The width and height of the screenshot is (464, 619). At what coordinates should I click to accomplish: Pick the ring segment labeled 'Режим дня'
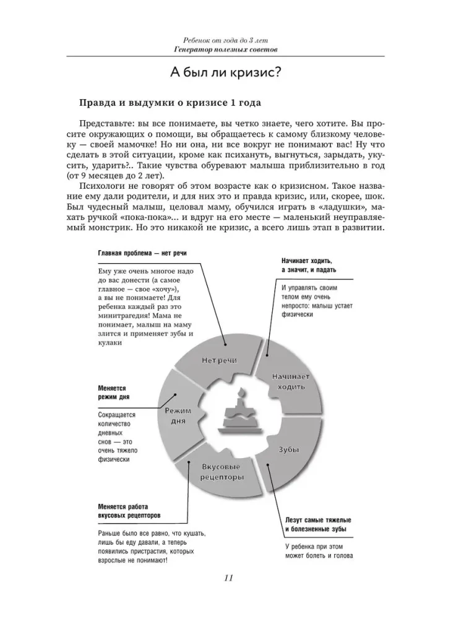coord(177,415)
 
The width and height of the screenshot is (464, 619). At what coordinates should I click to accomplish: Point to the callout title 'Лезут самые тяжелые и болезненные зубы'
coord(316,524)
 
